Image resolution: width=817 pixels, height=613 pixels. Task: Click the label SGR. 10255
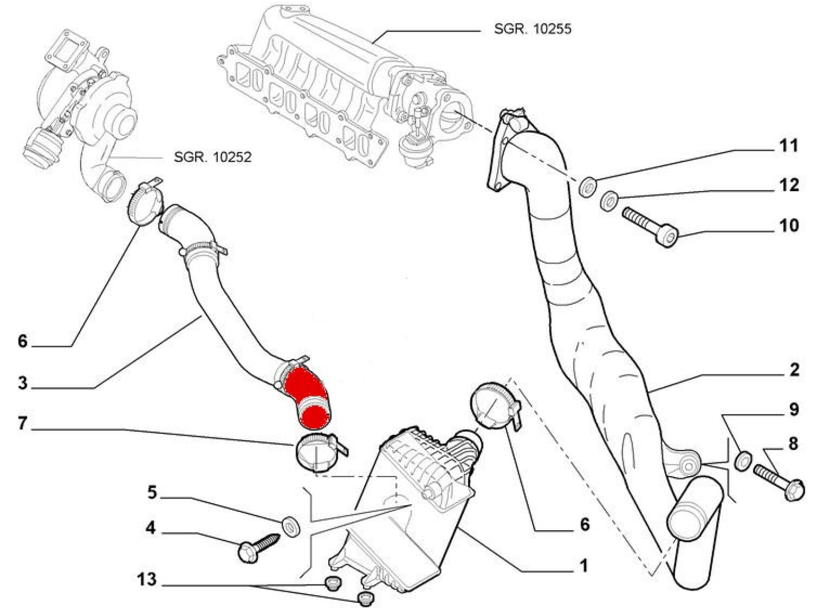[x=532, y=29]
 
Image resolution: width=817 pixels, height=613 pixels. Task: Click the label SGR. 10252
[x=212, y=157]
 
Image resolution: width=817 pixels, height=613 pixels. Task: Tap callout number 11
[x=788, y=145]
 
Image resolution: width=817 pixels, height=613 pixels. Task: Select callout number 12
[x=789, y=185]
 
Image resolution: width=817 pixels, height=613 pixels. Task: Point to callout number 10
[x=789, y=226]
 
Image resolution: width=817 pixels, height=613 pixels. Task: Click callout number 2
[x=794, y=369]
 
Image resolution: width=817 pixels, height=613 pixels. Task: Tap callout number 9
[x=794, y=409]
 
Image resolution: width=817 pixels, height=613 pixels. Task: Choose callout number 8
[x=793, y=443]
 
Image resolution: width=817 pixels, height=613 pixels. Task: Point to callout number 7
[x=22, y=423]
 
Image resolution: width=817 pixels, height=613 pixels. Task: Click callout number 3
[x=22, y=383]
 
